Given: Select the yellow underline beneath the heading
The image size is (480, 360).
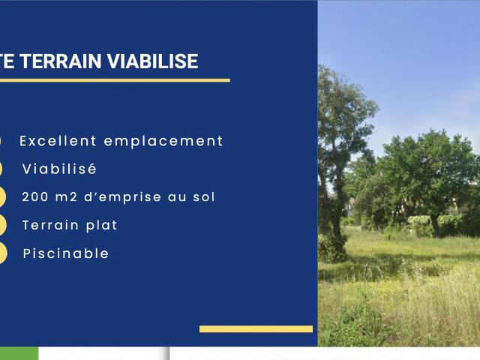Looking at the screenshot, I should coord(112,80).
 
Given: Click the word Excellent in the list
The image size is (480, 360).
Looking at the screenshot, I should coord(58,141).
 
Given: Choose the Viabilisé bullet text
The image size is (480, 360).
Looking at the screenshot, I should coord(59,169).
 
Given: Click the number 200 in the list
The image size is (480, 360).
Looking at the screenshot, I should coord(34,197).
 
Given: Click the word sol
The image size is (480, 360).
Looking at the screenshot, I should coord(204,197).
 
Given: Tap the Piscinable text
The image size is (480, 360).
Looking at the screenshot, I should coord(66,253).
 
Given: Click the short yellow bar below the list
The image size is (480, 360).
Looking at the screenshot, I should coord(256,328).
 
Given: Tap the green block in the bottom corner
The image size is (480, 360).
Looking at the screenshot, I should coord(19,354).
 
